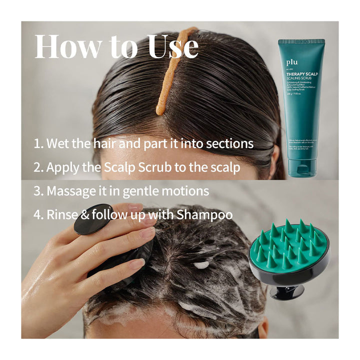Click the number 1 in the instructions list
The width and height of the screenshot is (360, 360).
[37, 144]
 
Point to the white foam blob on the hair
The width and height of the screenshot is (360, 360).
[201, 265]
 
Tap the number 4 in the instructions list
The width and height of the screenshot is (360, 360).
[37, 215]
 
